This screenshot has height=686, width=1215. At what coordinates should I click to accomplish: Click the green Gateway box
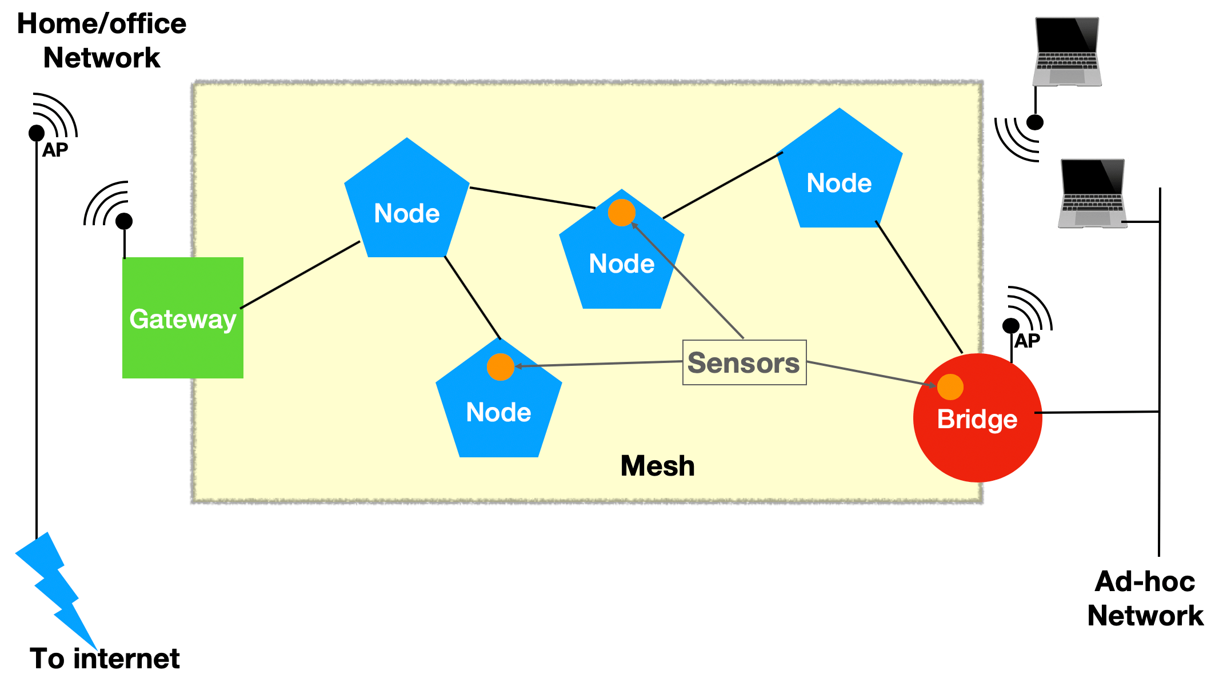[x=183, y=317]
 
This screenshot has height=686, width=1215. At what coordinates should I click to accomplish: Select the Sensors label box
[x=744, y=362]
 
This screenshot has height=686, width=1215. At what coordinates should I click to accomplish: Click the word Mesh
[x=657, y=466]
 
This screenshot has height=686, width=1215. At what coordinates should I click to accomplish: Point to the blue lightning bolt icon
[x=54, y=589]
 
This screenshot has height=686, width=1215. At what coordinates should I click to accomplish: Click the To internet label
[x=105, y=659]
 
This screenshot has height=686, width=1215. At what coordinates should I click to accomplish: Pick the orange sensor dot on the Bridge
[x=950, y=387]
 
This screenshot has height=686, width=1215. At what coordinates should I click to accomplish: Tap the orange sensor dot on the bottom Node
[x=500, y=367]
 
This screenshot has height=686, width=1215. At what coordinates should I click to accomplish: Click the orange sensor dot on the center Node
[x=621, y=213]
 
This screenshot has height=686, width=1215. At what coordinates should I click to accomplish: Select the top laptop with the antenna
[x=1067, y=51]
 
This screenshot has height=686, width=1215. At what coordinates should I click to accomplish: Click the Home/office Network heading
[x=102, y=41]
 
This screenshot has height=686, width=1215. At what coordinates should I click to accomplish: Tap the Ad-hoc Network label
[x=1145, y=599]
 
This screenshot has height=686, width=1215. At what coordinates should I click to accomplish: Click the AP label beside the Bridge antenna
[x=1027, y=341]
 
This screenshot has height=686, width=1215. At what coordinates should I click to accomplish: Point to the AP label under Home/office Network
[x=55, y=150]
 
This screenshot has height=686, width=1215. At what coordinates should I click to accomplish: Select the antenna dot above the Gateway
[x=124, y=221]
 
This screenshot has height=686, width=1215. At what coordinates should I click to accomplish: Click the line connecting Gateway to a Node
[x=300, y=275]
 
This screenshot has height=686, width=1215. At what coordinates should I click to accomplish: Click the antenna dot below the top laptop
[x=1035, y=122]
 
